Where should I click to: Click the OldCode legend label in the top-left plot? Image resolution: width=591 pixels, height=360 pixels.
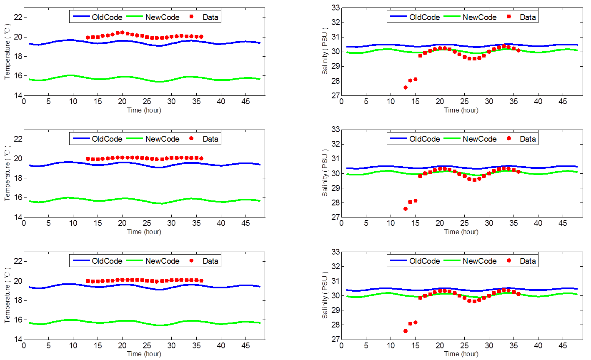[107, 17]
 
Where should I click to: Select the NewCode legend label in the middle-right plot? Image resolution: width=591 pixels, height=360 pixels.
[479, 139]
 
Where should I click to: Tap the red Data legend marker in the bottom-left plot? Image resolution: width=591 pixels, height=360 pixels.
[192, 261]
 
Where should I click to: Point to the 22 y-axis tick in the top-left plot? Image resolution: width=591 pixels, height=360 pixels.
[17, 17]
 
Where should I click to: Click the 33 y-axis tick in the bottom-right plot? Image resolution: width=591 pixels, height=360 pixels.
[335, 252]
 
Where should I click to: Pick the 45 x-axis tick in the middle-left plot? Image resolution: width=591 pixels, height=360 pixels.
[245, 223]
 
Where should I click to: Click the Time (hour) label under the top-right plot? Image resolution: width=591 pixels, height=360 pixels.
[461, 110]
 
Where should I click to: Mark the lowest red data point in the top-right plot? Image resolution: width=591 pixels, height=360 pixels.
[406, 87]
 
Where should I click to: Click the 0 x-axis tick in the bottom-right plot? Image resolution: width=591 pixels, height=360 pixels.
[341, 345]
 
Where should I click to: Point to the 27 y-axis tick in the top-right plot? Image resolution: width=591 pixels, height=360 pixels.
[335, 95]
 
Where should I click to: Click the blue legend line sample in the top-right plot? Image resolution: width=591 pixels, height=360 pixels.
[398, 17]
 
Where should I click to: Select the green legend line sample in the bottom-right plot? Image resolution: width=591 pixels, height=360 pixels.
[452, 261]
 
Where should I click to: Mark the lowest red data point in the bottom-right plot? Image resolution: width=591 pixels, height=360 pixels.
[406, 331]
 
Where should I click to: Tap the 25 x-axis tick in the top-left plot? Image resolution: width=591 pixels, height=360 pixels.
[147, 101]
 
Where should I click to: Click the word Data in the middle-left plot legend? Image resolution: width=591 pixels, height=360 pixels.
[210, 139]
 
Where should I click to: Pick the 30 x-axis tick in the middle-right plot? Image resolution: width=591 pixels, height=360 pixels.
[489, 223]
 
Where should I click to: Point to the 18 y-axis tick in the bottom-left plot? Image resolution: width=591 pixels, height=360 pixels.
[17, 300]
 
